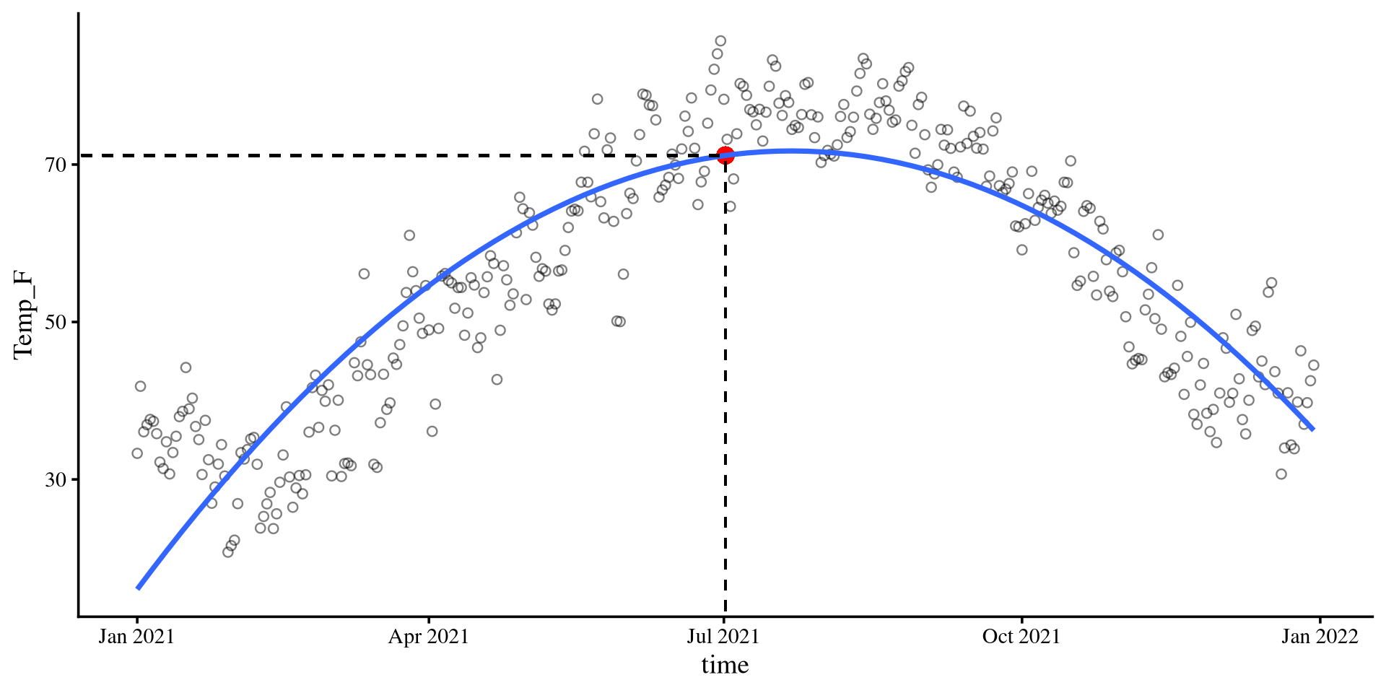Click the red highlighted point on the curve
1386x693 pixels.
[725, 154]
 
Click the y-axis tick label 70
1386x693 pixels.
[56, 165]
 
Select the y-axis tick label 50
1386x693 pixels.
[56, 322]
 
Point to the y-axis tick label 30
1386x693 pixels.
[56, 479]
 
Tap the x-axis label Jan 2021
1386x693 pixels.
[136, 637]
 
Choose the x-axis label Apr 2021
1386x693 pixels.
[429, 637]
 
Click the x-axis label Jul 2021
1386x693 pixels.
[723, 637]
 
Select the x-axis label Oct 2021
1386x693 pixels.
[1021, 637]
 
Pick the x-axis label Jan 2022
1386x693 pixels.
[1320, 637]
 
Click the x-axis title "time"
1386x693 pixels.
[725, 665]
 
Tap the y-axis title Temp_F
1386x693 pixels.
[23, 314]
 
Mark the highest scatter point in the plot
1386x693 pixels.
[720, 41]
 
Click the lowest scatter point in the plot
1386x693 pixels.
[228, 552]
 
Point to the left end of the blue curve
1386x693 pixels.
[138, 588]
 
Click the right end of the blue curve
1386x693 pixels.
[1313, 430]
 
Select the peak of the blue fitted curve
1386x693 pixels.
[790, 151]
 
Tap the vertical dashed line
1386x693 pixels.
[725, 397]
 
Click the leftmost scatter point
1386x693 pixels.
[137, 453]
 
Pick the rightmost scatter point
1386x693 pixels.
[1314, 365]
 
